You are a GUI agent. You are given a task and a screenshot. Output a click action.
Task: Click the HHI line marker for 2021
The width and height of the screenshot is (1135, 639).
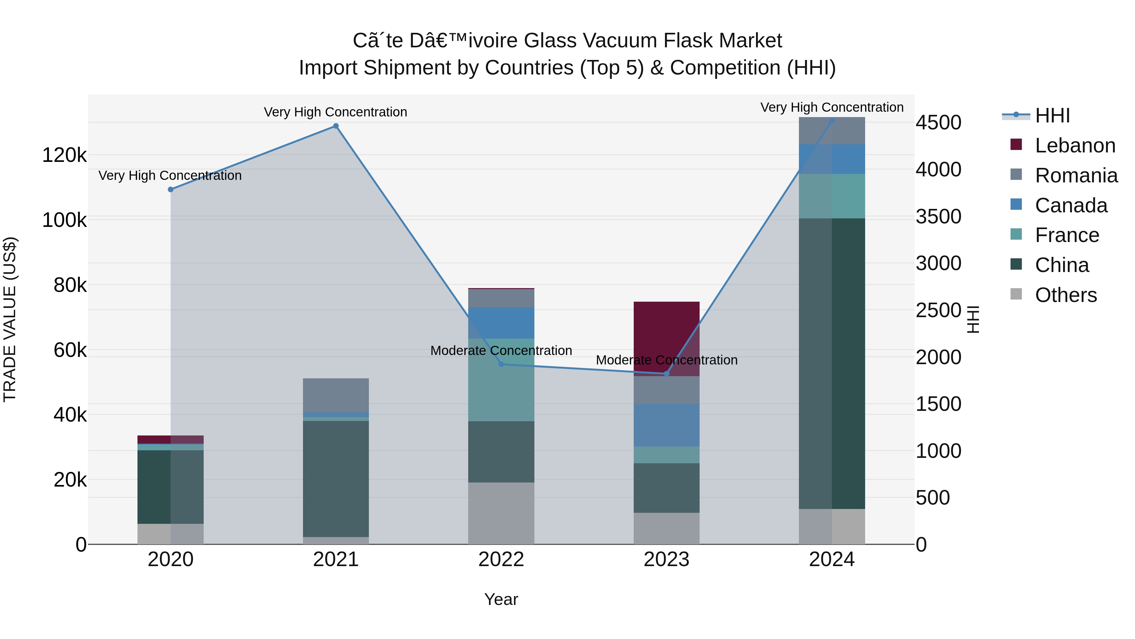click(x=336, y=126)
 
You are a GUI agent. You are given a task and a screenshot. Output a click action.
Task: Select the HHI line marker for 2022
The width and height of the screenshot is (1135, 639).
click(x=501, y=364)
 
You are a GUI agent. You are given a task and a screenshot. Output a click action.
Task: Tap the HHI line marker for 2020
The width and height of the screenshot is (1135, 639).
click(x=171, y=190)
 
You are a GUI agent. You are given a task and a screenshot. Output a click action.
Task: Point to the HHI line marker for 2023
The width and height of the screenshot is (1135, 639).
click(x=666, y=374)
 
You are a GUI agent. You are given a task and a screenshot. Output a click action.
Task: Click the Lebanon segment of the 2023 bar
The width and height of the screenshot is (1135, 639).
click(x=666, y=339)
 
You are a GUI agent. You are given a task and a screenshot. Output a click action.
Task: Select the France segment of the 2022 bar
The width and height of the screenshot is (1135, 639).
click(x=501, y=380)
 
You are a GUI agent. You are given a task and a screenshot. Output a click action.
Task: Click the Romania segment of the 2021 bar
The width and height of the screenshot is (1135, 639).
click(x=336, y=395)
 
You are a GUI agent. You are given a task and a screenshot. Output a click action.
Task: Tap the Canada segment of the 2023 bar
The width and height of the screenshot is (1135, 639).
click(x=666, y=425)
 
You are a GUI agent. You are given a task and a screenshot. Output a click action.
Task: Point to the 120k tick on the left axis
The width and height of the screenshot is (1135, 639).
click(x=64, y=155)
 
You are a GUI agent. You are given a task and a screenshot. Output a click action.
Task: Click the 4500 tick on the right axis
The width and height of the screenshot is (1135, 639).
click(x=939, y=123)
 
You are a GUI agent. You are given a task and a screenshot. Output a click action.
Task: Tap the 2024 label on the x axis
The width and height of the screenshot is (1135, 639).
click(x=831, y=559)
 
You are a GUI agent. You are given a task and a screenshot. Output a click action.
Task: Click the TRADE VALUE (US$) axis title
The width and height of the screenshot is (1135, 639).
click(x=10, y=319)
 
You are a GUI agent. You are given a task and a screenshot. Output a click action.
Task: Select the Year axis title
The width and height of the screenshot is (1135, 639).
click(x=501, y=599)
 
